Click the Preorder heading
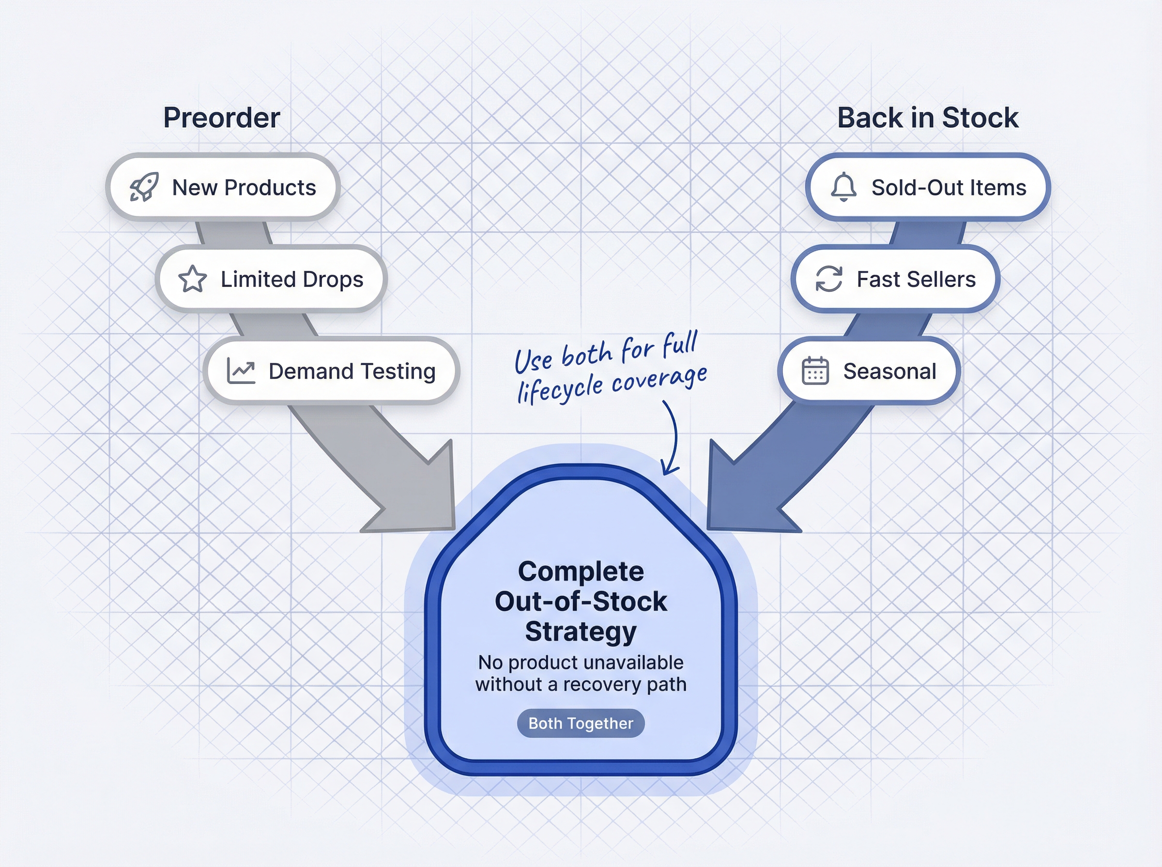(x=222, y=118)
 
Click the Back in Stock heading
(x=927, y=118)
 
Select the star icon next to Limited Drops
(x=193, y=279)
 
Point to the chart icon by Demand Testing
(x=241, y=371)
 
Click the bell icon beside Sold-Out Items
(x=844, y=187)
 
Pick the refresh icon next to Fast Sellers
(x=829, y=279)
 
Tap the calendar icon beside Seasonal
(x=815, y=371)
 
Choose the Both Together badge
(x=581, y=723)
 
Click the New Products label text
(x=244, y=187)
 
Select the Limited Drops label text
(x=292, y=279)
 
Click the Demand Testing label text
(x=352, y=371)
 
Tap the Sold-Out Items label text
(x=949, y=187)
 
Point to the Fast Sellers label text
(x=916, y=279)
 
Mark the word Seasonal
(x=889, y=371)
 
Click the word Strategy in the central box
(x=581, y=631)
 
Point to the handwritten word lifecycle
(x=560, y=389)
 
